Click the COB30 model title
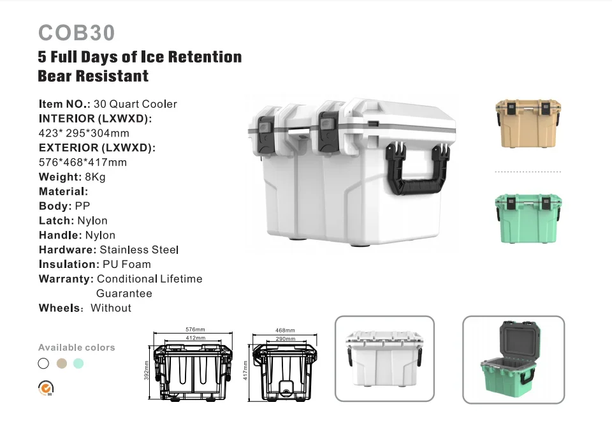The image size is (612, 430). coord(76,33)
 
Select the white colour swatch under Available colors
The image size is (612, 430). coord(43,364)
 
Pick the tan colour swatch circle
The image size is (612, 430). coord(61,364)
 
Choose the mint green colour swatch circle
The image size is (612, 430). coord(78,364)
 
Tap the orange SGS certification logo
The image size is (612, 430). coord(46,387)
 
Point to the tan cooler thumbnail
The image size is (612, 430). coord(528,123)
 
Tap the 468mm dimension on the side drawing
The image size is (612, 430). coord(285,330)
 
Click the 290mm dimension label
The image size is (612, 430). coord(285,337)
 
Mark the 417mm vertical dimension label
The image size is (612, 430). coord(245,370)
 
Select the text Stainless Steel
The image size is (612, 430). coord(139,249)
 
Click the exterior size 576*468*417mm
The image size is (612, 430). coord(83,162)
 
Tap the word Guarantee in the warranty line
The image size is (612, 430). coord(124,293)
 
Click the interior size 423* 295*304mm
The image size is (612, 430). coord(84,133)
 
